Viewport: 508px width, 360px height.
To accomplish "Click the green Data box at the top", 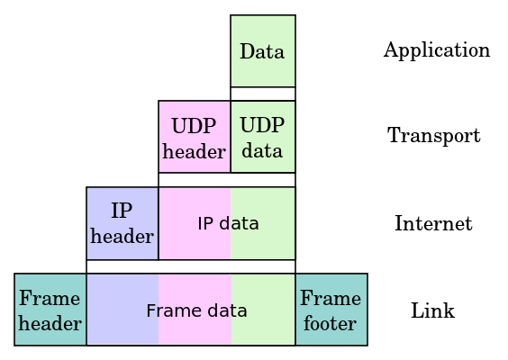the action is click(263, 50).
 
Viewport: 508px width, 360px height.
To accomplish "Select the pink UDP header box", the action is click(195, 137).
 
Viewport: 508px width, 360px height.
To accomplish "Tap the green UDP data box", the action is click(263, 137).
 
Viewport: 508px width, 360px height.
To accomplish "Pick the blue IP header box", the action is click(122, 223).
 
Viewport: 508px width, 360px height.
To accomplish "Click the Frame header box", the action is click(50, 310).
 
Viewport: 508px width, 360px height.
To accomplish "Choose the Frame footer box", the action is click(331, 310).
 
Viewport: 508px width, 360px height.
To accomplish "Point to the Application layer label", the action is click(437, 50).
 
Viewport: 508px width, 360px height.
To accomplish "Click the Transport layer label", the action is click(434, 135).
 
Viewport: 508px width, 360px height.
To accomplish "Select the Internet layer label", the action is click(433, 223).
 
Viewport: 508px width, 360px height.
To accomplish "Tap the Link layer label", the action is click(433, 310).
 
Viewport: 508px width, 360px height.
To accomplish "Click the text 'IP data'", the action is click(228, 223).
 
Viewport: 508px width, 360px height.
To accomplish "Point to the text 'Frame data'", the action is click(196, 310).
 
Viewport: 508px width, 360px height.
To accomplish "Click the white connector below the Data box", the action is click(263, 94).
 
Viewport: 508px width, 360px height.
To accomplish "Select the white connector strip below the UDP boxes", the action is click(227, 180).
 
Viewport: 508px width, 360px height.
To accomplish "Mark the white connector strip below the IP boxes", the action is click(191, 266).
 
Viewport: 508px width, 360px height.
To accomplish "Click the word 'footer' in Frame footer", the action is click(331, 323).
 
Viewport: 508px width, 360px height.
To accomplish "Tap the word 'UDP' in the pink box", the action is click(194, 126).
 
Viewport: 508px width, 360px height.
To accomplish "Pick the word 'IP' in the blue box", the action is click(122, 211).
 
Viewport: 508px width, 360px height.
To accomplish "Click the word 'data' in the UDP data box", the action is click(262, 151).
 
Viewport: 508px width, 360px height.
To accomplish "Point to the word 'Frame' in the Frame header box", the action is click(50, 298).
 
